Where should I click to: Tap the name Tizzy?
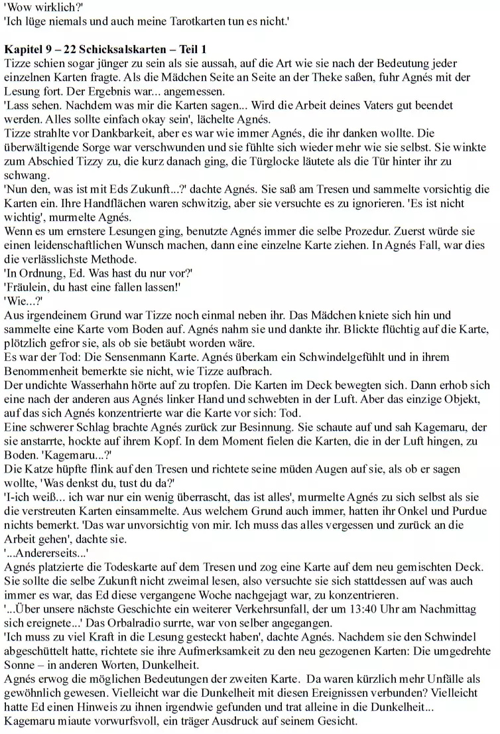pyautogui.click(x=101, y=161)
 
